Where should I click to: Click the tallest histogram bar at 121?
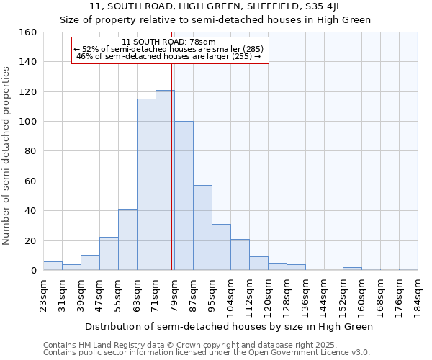click(165, 180)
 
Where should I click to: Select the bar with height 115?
click(146, 184)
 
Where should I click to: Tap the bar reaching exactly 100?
click(184, 196)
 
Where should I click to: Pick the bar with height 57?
click(202, 228)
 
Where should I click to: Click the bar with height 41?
click(127, 240)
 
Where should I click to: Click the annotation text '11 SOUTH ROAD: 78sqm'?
click(169, 42)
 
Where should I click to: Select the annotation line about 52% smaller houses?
click(169, 49)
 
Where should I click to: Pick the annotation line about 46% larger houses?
click(169, 56)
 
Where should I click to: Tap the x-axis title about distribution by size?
click(229, 326)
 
